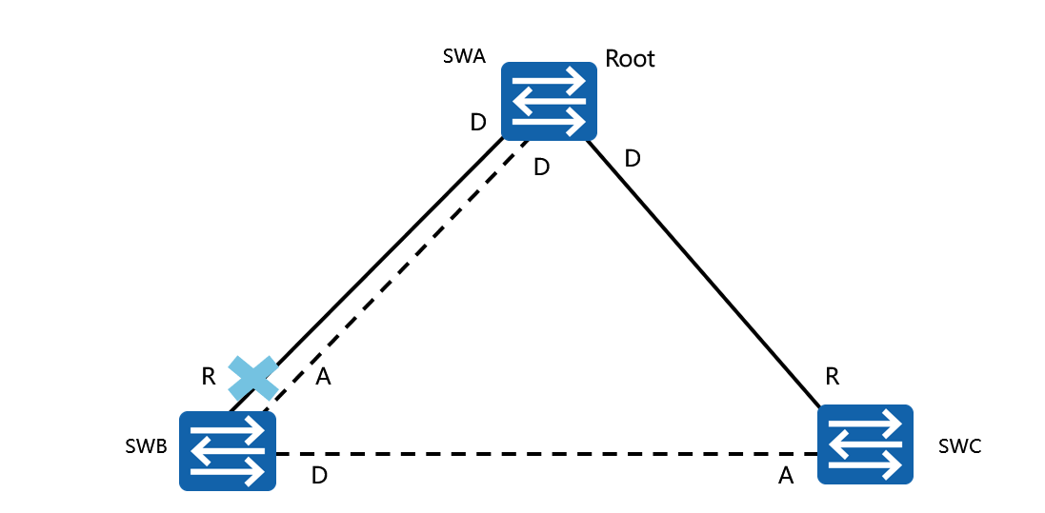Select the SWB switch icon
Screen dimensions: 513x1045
(x=229, y=450)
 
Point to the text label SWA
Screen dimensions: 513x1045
(x=464, y=56)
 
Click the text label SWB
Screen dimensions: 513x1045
(x=146, y=446)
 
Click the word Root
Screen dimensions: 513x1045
(x=631, y=59)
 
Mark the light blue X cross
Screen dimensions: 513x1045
(x=253, y=378)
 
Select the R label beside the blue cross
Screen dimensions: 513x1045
(x=209, y=376)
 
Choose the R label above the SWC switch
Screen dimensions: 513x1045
(x=832, y=376)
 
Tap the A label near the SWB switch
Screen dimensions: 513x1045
(x=323, y=378)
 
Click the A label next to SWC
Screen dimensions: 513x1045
(x=786, y=476)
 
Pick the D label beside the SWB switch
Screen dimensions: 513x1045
(x=320, y=476)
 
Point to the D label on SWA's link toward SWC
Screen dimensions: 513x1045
(x=633, y=159)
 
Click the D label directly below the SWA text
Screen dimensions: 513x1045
(x=479, y=123)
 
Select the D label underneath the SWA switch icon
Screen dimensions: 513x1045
(x=541, y=168)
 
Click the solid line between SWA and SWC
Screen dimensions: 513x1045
(x=705, y=270)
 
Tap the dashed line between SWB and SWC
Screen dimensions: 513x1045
(x=543, y=452)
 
